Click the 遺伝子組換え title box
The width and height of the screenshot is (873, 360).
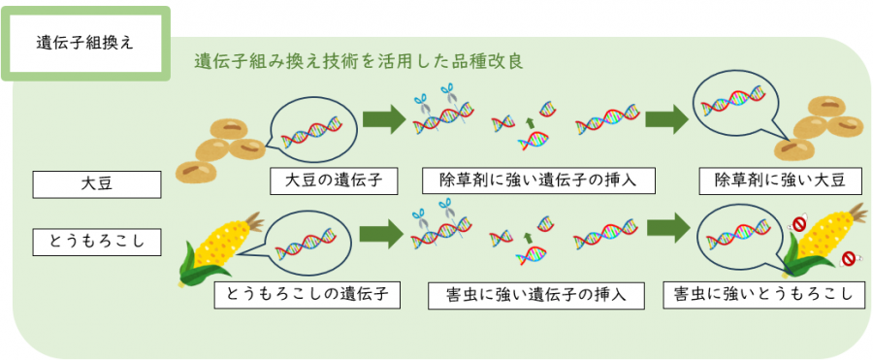point(86,44)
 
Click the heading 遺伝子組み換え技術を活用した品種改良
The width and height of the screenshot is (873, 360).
point(359,61)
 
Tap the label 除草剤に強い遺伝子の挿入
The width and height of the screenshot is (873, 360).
point(534,180)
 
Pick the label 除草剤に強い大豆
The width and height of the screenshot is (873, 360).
point(780,180)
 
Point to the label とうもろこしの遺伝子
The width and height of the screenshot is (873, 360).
point(307,295)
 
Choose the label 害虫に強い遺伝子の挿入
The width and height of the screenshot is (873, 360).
point(536,295)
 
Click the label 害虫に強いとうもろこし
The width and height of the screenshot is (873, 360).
point(763,295)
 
